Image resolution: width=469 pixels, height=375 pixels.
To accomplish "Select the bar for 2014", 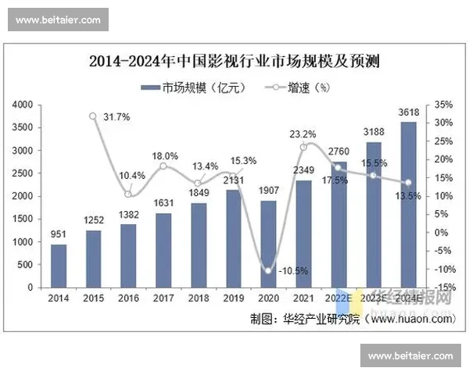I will (x=59, y=266).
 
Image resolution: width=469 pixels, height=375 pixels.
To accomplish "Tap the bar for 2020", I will (x=268, y=244).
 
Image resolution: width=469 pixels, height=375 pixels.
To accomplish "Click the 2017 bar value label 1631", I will (x=164, y=206).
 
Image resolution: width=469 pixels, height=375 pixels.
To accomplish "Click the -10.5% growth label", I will (x=293, y=271).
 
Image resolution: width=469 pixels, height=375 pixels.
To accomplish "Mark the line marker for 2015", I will (x=93, y=116).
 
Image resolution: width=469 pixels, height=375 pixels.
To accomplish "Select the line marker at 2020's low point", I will (x=268, y=271).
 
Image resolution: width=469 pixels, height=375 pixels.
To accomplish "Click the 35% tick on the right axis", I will (x=443, y=104).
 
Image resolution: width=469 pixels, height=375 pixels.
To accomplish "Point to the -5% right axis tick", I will (x=443, y=251).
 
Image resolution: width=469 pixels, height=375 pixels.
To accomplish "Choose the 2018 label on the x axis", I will (x=199, y=298).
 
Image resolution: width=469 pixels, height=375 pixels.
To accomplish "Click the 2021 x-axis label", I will (x=303, y=298).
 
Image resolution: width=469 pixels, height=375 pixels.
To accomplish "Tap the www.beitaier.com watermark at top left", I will (x=58, y=19).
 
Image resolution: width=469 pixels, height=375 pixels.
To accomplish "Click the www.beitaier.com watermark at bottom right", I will (x=410, y=356).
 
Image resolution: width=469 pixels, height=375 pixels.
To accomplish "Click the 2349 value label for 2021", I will (x=303, y=171).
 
